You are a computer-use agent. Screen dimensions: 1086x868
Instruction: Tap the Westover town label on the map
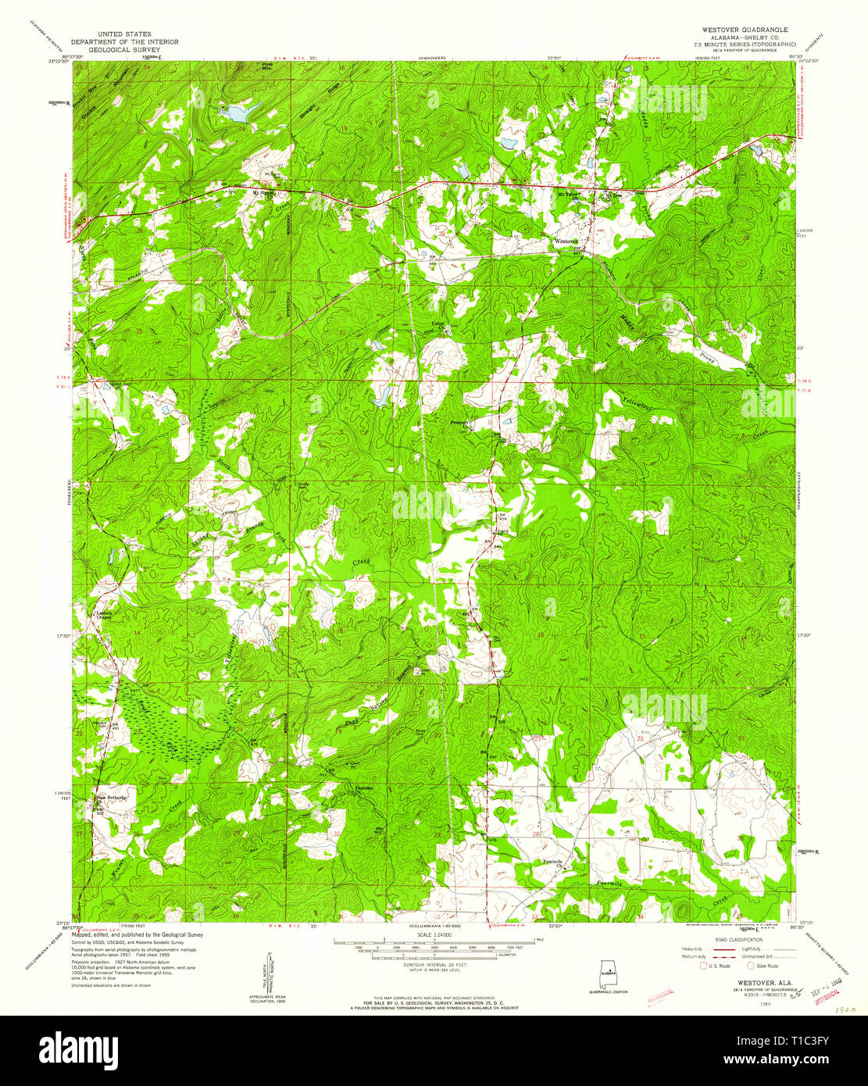[566, 241]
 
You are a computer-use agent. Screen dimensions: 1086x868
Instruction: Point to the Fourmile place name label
[552, 861]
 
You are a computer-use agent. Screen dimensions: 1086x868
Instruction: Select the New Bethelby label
[110, 798]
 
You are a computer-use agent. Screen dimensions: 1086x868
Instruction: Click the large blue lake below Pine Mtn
[237, 113]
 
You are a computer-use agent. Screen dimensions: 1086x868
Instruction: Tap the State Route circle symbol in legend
[750, 966]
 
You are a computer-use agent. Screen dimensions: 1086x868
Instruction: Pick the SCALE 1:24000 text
[435, 936]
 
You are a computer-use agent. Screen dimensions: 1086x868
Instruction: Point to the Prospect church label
[458, 423]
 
